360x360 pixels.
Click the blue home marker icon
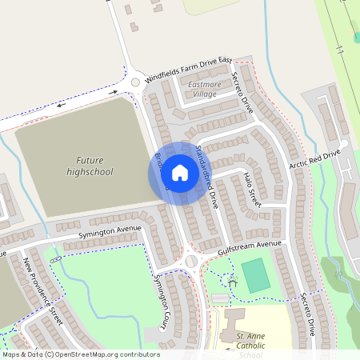point(180,173)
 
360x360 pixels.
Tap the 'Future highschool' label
point(90,166)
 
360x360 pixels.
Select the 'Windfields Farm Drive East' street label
point(189,71)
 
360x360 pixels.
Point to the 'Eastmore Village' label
point(202,89)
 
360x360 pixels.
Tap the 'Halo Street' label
point(252,189)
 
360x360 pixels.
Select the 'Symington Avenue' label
point(110,232)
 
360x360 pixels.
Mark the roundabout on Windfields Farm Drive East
point(135,82)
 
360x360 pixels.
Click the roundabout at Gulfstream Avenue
point(191,262)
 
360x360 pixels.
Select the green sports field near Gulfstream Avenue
point(255,274)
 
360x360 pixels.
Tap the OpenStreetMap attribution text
point(80,354)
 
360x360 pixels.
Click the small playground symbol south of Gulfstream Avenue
point(232,282)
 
